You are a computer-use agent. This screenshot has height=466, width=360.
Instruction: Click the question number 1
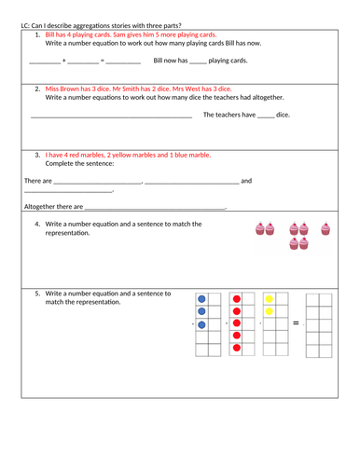coord(36,34)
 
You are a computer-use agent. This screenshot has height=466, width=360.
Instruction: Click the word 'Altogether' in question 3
coord(41,207)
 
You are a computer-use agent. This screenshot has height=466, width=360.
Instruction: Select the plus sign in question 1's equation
coord(63,61)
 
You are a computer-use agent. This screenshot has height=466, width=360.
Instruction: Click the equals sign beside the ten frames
coord(296,323)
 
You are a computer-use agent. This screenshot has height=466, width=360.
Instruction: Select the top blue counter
coord(201,299)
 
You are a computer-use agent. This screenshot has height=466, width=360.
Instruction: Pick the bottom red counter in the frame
coord(237,349)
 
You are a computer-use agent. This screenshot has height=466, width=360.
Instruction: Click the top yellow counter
coord(270,299)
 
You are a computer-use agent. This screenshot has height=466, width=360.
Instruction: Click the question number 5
coord(36,293)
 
